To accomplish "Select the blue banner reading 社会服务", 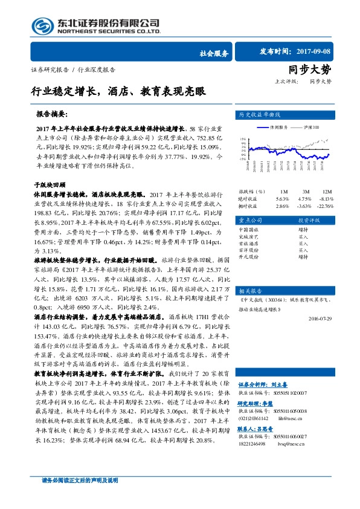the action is point(214,53).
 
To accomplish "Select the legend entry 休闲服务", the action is point(277,128).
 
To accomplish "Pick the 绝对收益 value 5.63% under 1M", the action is point(283,198).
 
